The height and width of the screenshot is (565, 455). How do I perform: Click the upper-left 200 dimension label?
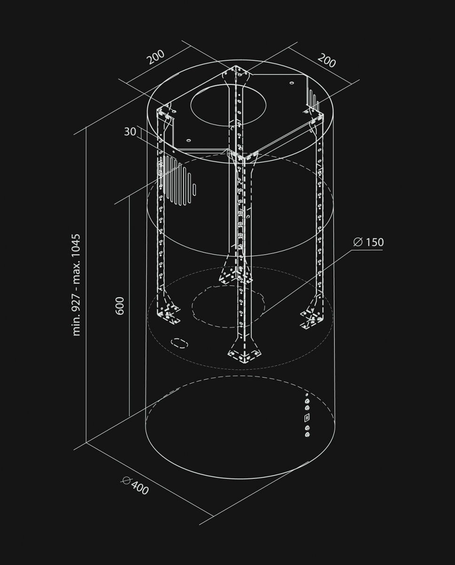156,57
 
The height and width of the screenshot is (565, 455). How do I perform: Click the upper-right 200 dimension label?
327,61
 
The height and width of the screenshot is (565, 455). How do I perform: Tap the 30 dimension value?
130,132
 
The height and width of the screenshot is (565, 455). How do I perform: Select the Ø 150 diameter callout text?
368,242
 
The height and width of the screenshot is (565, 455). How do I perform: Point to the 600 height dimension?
120,306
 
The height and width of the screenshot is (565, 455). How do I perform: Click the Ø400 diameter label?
135,486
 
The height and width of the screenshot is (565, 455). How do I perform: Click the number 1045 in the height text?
76,250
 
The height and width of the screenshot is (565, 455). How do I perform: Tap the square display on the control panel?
307,417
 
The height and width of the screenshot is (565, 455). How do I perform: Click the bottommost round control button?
307,435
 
